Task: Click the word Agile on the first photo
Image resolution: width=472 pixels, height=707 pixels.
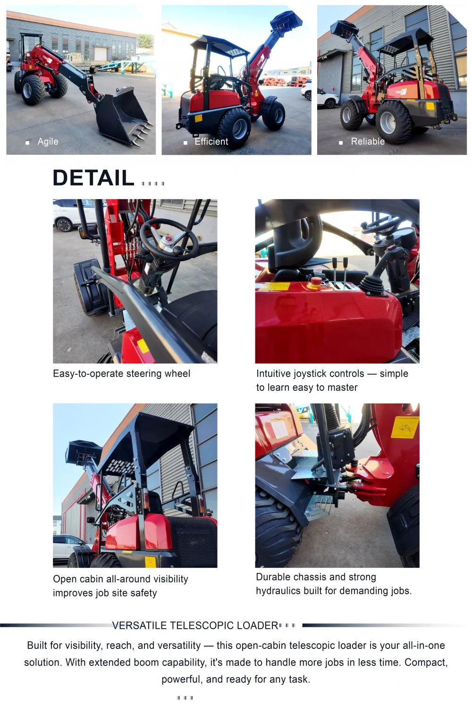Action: [x=48, y=142]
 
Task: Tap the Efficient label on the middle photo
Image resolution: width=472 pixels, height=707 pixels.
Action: [x=211, y=142]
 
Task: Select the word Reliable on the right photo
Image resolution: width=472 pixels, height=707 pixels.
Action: [x=368, y=142]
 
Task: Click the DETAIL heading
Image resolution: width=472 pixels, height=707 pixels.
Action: [x=93, y=178]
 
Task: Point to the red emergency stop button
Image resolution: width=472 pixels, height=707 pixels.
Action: [x=314, y=282]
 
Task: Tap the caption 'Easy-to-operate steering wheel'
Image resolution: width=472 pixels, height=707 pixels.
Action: [x=122, y=373]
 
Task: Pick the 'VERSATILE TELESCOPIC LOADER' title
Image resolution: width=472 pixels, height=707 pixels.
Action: [x=195, y=625]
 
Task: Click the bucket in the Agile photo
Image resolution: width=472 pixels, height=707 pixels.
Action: [x=124, y=116]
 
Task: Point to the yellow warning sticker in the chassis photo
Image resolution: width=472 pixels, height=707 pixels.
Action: [x=405, y=427]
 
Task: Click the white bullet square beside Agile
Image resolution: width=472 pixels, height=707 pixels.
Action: [x=27, y=143]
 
